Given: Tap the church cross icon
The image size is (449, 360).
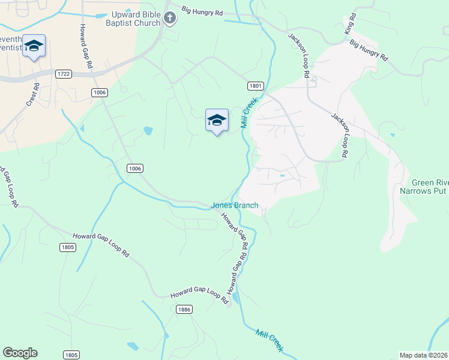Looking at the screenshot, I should [x=170, y=19].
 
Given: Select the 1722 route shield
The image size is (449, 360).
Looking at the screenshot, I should [x=63, y=74].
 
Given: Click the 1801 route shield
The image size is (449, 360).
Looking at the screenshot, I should [x=254, y=86].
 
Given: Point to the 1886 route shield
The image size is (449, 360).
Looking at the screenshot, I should [x=184, y=309].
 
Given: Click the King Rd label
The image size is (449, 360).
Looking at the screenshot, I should [x=349, y=24].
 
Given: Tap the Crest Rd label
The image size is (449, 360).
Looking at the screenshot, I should [x=32, y=95].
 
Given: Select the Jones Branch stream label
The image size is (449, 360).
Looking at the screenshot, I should [x=235, y=205].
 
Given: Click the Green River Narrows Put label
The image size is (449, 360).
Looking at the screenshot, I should [x=423, y=187].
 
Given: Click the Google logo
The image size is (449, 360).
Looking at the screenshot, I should [x=20, y=353].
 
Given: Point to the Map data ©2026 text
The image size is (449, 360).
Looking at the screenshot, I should [x=424, y=355].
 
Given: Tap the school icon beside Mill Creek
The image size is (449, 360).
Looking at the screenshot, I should [x=217, y=121].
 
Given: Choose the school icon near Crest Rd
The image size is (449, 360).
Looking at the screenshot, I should [x=34, y=46].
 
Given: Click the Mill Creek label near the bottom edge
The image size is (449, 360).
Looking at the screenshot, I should [x=269, y=340].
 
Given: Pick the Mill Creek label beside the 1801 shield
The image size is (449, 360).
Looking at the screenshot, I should [x=249, y=113].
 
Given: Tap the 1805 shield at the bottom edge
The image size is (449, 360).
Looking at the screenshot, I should [x=71, y=355].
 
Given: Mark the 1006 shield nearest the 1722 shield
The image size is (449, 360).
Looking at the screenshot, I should [x=100, y=92].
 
